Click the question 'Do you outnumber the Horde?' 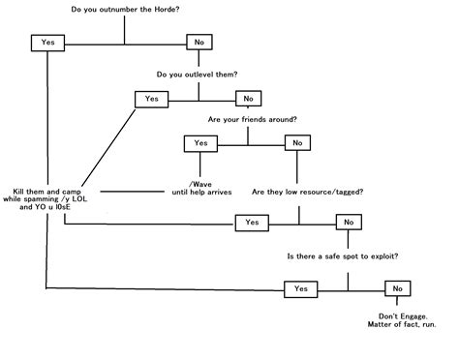tap(124, 11)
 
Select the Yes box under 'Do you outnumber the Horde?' tap(46, 43)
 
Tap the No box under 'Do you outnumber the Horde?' tap(199, 43)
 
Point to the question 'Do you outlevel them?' tap(198, 74)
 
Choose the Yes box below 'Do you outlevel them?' tap(151, 99)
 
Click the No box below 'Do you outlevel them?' tap(248, 99)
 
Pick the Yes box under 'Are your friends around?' tap(200, 143)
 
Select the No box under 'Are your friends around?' tap(294, 143)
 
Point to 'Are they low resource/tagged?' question tap(308, 192)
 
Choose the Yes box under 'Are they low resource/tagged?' tap(252, 223)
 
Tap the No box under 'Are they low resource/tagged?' tap(347, 223)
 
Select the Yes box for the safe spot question tap(300, 288)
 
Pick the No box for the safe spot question tap(396, 288)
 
